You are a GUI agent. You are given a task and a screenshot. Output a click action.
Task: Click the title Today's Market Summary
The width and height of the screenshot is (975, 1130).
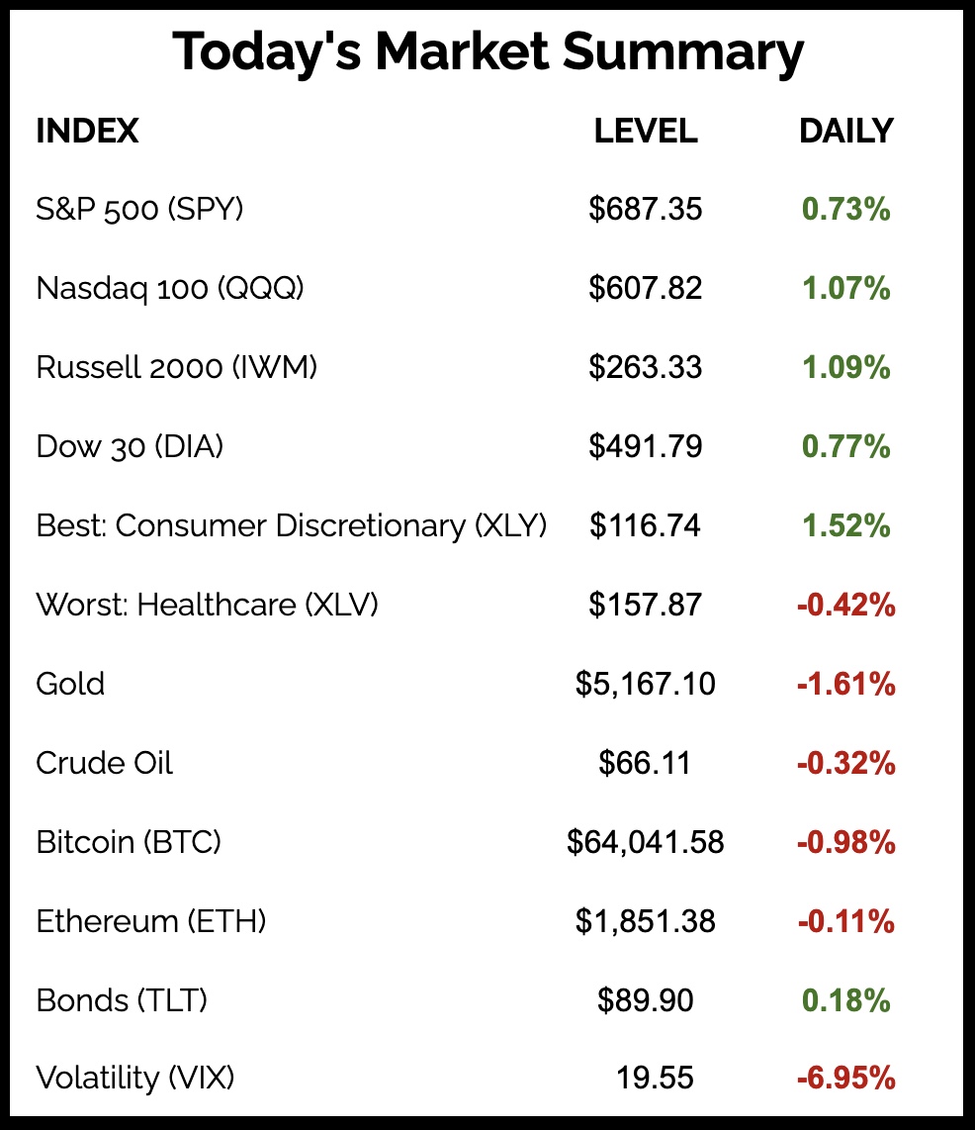(487, 53)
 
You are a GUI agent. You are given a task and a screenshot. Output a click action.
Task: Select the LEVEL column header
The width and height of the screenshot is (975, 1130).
(646, 131)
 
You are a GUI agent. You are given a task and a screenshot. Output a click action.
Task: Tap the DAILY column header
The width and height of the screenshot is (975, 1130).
(845, 131)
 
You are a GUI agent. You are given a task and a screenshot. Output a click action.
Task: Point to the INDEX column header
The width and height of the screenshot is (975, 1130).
(87, 131)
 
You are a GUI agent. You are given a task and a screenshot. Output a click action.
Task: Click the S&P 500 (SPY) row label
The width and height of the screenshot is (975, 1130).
(139, 210)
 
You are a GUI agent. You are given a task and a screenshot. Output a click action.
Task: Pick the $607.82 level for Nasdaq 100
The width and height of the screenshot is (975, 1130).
(646, 288)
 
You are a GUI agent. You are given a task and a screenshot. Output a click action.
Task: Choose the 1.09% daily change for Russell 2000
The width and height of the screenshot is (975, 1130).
(845, 368)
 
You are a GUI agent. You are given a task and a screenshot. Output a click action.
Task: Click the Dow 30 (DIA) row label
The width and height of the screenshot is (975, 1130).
(130, 447)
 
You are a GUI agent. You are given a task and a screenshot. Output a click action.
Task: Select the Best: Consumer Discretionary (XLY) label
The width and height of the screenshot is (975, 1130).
(291, 525)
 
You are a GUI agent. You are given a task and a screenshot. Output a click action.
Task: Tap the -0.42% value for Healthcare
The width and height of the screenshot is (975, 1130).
(845, 605)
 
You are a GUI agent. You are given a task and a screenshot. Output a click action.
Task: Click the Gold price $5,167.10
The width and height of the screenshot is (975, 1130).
(646, 684)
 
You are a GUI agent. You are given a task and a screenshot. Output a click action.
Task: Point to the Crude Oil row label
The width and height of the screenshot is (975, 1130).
(104, 763)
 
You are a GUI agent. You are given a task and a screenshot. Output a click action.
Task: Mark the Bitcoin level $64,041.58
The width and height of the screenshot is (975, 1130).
(646, 842)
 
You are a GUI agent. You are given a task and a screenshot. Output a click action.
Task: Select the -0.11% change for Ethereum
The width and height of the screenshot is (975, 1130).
(845, 921)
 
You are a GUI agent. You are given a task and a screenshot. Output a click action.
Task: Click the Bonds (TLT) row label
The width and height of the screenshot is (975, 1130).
(122, 1000)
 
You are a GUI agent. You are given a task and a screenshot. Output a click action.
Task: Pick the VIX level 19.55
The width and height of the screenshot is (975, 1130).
(654, 1078)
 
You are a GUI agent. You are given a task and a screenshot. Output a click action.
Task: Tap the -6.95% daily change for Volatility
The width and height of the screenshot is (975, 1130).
(845, 1078)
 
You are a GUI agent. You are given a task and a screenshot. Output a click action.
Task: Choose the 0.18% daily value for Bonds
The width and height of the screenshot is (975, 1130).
(845, 1000)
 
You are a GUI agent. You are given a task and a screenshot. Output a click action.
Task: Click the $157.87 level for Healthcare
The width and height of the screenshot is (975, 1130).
(646, 605)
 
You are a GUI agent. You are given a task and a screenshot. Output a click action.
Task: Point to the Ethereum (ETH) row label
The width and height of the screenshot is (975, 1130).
(151, 921)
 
